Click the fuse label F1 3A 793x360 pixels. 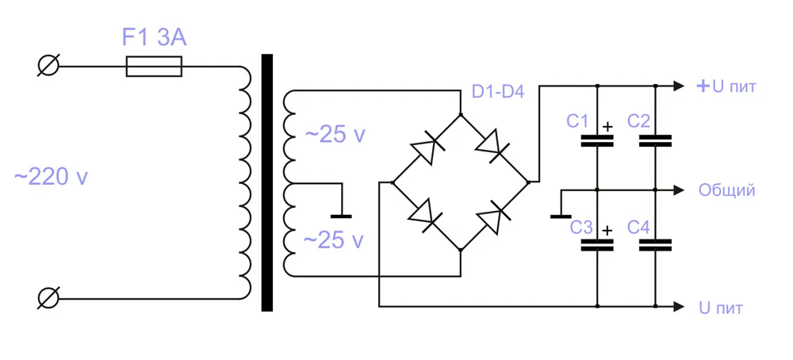click(155, 37)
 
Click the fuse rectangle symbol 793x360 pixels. click(154, 67)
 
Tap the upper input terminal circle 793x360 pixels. click(48, 67)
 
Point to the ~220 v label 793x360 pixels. click(51, 178)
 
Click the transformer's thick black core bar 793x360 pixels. click(267, 182)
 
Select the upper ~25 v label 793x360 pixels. click(335, 135)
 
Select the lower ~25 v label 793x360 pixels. click(335, 239)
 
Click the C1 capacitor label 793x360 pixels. click(577, 121)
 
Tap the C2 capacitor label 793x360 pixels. click(638, 121)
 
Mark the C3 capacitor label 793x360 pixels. click(581, 228)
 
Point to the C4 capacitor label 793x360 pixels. click(638, 228)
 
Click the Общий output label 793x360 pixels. click(726, 190)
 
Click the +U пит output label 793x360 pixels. click(726, 86)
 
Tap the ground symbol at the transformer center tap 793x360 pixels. click(341, 214)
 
